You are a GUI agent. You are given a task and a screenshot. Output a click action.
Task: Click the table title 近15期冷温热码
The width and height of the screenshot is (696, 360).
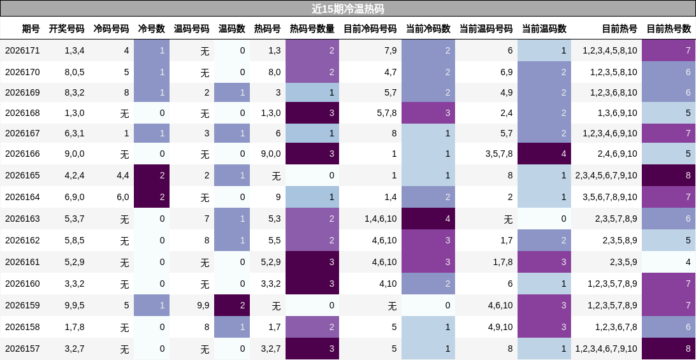click(347, 9)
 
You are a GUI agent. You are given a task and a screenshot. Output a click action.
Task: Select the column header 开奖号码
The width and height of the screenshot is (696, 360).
click(66, 29)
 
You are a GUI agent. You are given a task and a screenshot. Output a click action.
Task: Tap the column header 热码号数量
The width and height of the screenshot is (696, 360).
click(312, 29)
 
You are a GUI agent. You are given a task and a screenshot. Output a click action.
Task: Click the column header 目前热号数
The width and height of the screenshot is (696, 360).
click(669, 29)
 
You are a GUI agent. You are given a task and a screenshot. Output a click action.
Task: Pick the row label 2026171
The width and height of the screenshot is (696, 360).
click(22, 50)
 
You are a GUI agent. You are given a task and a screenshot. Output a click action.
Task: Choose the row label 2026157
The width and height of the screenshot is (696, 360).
click(22, 349)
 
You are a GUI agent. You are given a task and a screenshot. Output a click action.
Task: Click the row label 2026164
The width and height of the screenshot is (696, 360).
click(22, 197)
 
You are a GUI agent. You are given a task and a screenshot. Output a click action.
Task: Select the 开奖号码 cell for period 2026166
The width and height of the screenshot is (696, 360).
click(75, 154)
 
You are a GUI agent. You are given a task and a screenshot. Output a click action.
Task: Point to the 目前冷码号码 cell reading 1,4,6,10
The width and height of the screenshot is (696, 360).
click(381, 219)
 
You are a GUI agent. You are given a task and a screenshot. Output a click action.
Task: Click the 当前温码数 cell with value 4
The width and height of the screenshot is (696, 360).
click(544, 154)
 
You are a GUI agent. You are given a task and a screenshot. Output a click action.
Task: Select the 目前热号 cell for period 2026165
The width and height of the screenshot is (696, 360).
click(606, 175)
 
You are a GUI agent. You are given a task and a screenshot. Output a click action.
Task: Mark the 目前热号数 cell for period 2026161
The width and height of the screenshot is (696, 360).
click(669, 262)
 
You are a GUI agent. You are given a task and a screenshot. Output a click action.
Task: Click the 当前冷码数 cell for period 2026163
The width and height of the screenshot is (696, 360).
click(428, 219)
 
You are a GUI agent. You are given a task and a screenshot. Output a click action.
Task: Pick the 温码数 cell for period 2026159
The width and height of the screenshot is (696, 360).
click(232, 305)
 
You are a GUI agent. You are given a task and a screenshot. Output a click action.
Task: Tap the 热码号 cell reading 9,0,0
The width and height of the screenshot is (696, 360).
click(271, 154)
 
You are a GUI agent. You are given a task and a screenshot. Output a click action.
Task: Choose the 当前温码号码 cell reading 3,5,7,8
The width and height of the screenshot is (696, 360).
click(498, 154)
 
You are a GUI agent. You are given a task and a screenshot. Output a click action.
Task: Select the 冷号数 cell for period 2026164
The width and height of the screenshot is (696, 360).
click(152, 197)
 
